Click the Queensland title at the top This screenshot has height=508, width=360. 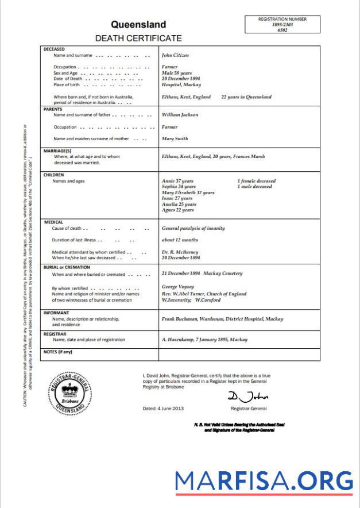point(138,25)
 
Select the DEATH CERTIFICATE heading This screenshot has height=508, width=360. point(138,39)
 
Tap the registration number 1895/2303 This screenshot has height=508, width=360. point(282,25)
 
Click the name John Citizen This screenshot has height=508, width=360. point(175,56)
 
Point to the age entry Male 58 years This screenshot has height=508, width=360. point(177,73)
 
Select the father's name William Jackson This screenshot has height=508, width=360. point(180,114)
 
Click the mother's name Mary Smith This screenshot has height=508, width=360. point(175,138)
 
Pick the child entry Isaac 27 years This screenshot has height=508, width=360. point(177,198)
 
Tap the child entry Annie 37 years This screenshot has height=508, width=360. point(179,181)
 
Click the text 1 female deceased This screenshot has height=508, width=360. point(256,181)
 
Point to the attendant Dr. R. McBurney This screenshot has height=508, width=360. point(181,252)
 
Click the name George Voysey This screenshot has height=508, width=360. point(178,287)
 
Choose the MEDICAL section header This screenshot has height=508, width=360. point(53,222)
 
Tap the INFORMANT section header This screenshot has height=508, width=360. point(57,313)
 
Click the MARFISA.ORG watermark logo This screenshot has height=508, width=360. point(264,480)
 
